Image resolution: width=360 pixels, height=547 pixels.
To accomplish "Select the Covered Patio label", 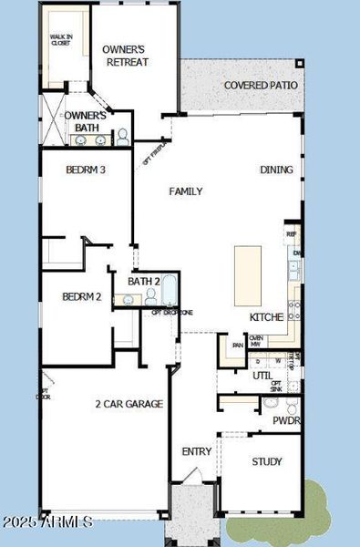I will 262,86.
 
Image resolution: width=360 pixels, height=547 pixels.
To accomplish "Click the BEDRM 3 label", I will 87,169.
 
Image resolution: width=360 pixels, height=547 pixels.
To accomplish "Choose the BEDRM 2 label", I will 82,296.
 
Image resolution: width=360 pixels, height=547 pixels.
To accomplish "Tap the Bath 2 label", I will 144,281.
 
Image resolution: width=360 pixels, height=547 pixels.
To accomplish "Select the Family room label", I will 185,191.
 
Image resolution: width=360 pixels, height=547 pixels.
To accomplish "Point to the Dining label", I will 276,170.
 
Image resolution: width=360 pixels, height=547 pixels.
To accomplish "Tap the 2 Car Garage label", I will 129,403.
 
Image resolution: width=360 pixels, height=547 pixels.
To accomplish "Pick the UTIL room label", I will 262,375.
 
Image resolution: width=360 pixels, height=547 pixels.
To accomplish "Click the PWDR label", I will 285,421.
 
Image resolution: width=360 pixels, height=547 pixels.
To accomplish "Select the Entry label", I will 197,451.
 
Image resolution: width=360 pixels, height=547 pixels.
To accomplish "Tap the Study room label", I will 267,461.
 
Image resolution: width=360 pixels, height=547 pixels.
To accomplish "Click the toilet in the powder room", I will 270,404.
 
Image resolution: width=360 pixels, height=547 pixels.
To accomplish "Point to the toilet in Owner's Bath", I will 123,138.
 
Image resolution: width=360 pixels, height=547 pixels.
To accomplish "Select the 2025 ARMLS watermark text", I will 47,522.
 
